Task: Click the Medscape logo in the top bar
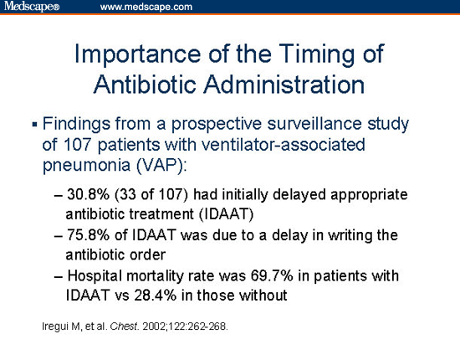click(x=31, y=8)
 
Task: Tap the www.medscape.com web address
click(x=146, y=8)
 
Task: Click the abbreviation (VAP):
click(x=150, y=163)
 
